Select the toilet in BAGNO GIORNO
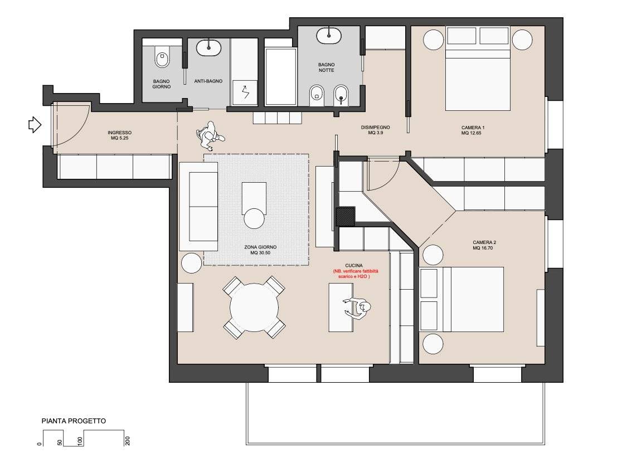coord(163,57)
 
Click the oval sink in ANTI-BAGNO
coord(208,46)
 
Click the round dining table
coord(255,307)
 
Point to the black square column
coord(346,217)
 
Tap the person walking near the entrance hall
coord(210,136)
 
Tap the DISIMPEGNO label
coord(375,130)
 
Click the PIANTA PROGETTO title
coord(74,421)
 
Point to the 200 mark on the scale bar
coord(128,441)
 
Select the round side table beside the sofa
coord(191,263)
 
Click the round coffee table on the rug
coord(255,218)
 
